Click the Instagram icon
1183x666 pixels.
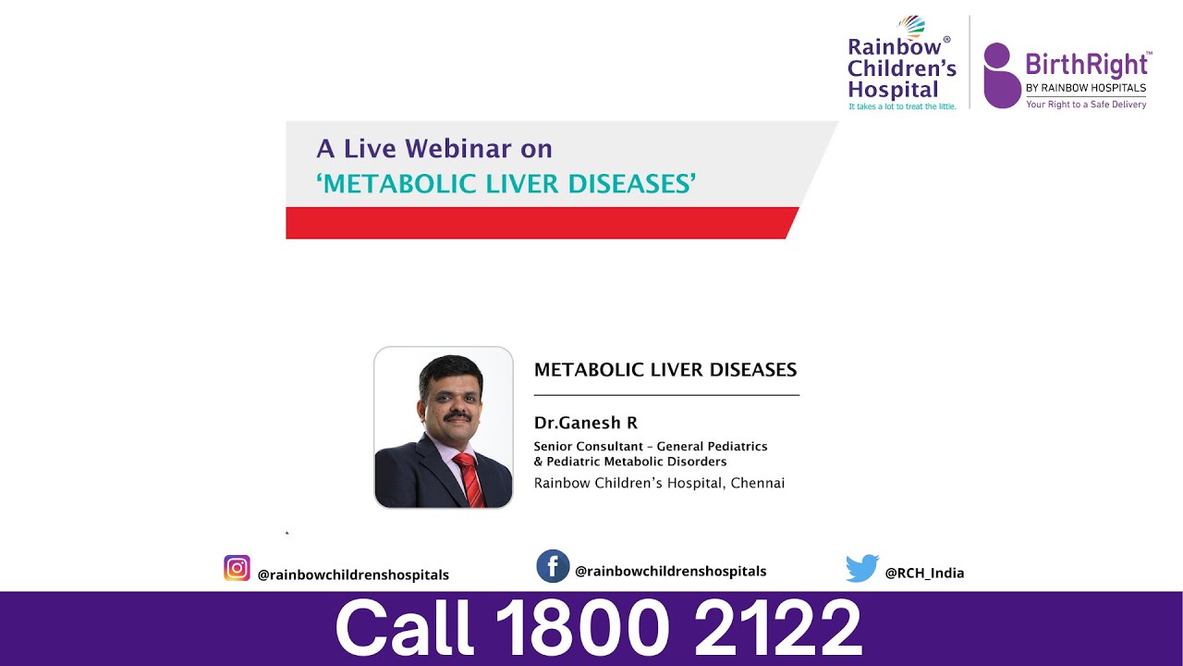click(237, 568)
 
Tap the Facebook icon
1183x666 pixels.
click(553, 566)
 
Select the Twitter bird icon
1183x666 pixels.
click(861, 569)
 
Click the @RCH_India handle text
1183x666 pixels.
click(924, 573)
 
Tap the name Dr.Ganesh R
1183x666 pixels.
click(586, 424)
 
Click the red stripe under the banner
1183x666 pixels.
click(536, 223)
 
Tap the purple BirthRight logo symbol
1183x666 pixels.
click(1001, 76)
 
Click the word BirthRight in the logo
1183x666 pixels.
click(1087, 65)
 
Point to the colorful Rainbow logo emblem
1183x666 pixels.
click(910, 26)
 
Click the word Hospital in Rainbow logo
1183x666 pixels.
click(893, 91)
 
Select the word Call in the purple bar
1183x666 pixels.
click(404, 628)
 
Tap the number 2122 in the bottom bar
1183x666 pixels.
click(777, 628)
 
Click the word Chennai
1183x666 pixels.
click(757, 483)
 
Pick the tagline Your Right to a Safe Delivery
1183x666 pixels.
click(1086, 105)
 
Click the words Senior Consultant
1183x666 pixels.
click(588, 447)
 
